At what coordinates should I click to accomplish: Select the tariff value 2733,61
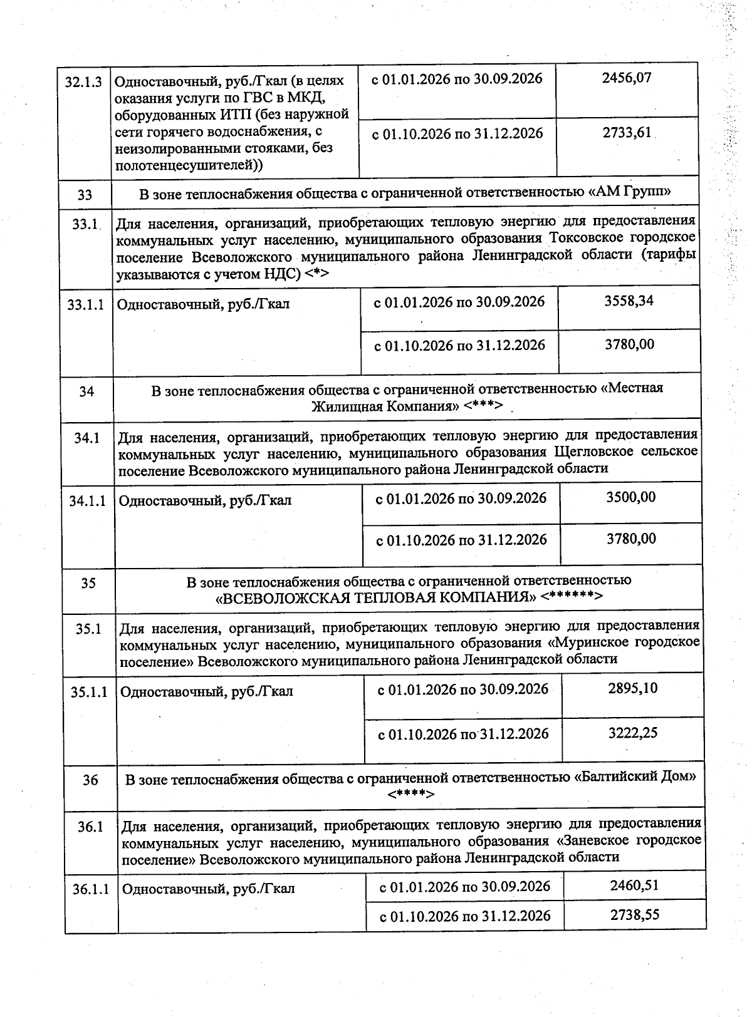(627, 133)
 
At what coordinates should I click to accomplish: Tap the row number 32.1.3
(84, 82)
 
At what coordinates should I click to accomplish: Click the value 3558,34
(629, 301)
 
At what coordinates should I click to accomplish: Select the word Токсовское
(590, 239)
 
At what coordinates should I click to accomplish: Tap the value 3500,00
(631, 497)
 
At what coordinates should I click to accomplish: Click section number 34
(86, 392)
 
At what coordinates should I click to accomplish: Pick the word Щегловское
(593, 452)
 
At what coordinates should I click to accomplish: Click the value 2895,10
(633, 688)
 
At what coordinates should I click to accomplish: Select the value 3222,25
(633, 733)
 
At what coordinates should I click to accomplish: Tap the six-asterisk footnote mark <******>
(572, 596)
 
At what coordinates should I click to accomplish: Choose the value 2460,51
(634, 885)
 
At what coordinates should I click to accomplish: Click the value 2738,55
(635, 914)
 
